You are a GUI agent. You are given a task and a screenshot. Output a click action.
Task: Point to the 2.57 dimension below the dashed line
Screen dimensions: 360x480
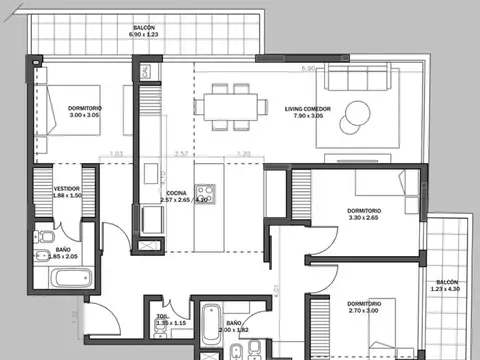coord(181,155)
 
